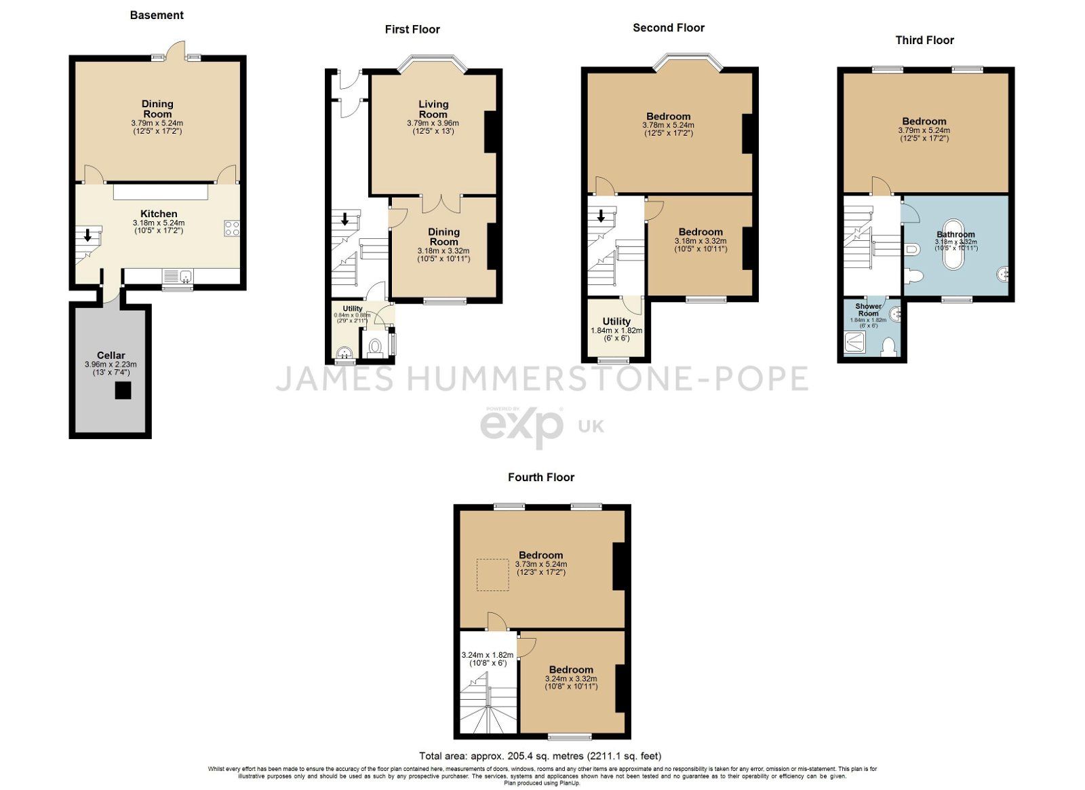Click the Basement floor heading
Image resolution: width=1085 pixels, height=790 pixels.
pos(157,15)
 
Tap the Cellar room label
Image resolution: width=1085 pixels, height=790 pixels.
pos(111,355)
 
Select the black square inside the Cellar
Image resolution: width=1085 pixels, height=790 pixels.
pos(123,390)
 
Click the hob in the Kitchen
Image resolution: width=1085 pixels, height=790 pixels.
pos(232,228)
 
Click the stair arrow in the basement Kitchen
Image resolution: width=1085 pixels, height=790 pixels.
pos(87,236)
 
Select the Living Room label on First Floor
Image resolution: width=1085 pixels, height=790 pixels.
pos(433,109)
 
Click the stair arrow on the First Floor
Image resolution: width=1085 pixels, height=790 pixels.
pos(344,219)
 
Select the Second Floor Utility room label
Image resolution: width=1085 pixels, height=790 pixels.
pos(616,321)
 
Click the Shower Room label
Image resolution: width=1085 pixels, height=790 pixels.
pos(868,309)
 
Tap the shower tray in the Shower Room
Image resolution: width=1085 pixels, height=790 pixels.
pos(856,341)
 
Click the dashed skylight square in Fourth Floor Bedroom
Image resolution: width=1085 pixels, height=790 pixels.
pos(493,575)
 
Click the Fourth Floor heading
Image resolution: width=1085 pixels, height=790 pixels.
pos(540,477)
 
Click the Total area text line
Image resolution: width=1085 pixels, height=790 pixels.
pos(540,755)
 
